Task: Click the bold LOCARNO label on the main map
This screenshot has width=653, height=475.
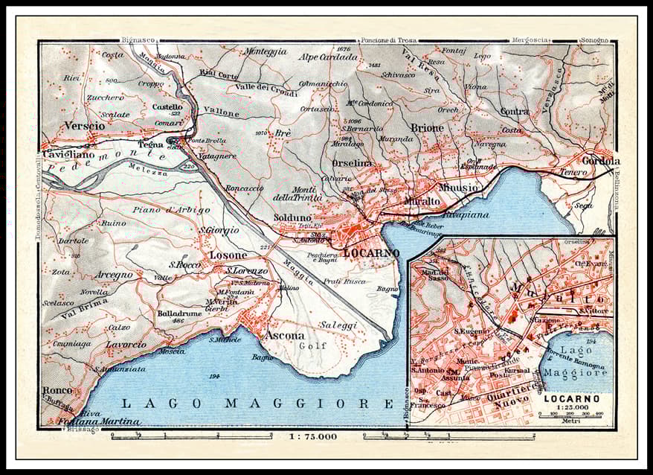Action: [372, 253]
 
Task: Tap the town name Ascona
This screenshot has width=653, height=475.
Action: [285, 335]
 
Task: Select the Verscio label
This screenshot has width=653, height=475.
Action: [85, 125]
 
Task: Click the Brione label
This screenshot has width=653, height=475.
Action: [427, 127]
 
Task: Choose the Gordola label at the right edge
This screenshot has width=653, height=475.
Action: [602, 161]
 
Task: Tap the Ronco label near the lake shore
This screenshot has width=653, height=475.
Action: [57, 389]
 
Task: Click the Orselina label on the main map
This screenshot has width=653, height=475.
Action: [352, 164]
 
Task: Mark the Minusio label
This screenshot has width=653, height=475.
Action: [458, 188]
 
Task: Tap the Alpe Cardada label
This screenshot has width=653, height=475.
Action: [329, 57]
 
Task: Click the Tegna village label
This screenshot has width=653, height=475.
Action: [149, 144]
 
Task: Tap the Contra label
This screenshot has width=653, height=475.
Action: [515, 111]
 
